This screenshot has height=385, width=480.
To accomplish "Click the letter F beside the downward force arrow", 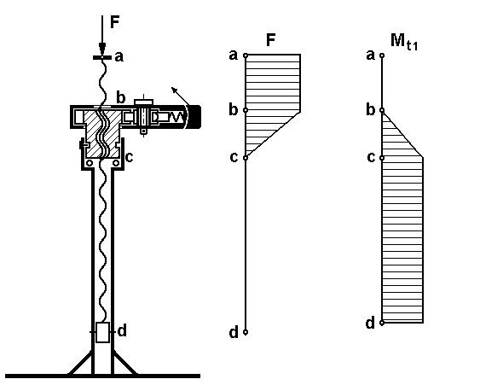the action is coord(114,22).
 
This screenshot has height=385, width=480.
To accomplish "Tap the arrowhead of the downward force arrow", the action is coord(102,49).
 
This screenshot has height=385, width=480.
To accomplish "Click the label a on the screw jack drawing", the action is coord(119,57).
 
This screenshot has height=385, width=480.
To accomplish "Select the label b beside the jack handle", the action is coord(121,97).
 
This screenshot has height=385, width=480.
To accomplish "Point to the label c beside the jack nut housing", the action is coord(130,157).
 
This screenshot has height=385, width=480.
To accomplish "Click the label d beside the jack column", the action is coord(122,331).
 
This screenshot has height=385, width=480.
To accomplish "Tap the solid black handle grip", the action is coord(194,117).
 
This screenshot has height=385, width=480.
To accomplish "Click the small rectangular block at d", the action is coord(102,332).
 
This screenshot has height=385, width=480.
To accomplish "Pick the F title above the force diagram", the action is coord(271,40).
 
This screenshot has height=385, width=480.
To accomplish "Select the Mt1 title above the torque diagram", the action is coord(404,41).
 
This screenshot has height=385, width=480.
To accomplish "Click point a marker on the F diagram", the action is coord(246,55).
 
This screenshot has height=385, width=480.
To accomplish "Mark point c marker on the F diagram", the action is coord(246,158).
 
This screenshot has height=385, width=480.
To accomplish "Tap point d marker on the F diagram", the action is coord(246,332).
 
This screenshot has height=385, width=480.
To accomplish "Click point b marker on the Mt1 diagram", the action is coord(382,110).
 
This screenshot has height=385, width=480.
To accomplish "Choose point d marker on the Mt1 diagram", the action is coord(382,323).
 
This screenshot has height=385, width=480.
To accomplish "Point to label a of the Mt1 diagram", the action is coord(370,55).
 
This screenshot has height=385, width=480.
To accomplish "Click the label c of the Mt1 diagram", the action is coord(371,157).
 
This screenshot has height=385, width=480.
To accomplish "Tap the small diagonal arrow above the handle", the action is coord(180,96).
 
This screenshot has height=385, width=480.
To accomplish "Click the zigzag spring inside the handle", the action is coord(176,117).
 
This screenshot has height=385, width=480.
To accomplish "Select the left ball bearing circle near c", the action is coord(89,163).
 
